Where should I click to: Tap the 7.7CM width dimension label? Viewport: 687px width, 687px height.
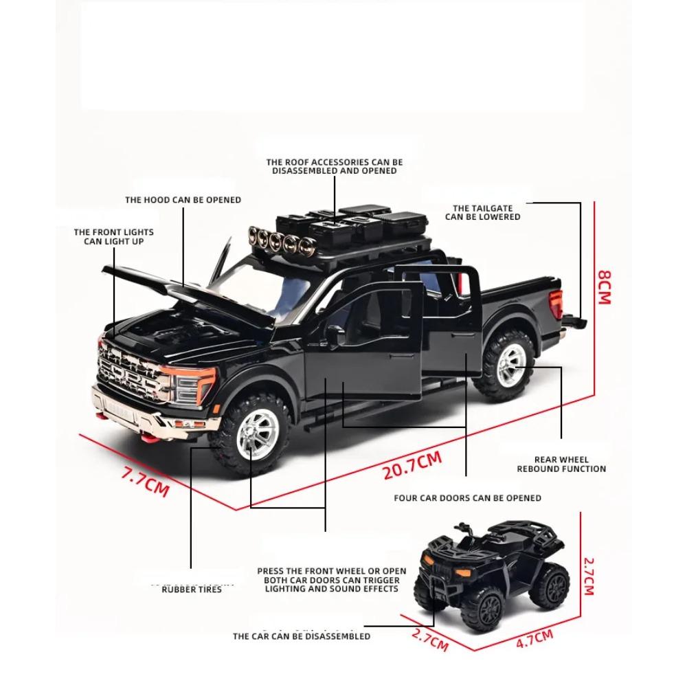point(145,481)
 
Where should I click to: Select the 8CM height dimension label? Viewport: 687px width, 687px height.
point(603,286)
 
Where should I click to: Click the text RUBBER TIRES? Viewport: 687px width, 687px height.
point(192,589)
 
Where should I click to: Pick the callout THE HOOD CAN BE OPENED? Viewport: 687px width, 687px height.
point(183,200)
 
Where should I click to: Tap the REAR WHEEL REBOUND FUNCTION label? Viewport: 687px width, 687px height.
point(561,464)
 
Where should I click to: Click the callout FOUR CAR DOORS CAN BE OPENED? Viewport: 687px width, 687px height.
point(467,497)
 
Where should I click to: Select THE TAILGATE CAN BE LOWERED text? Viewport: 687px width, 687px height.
point(482,212)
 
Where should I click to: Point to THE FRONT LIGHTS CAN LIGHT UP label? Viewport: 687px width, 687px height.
point(114,237)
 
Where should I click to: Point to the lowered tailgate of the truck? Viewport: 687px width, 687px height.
point(576,321)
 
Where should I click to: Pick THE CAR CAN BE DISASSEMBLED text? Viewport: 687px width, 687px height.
point(301,636)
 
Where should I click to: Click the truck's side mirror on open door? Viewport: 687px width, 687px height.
point(335,335)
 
